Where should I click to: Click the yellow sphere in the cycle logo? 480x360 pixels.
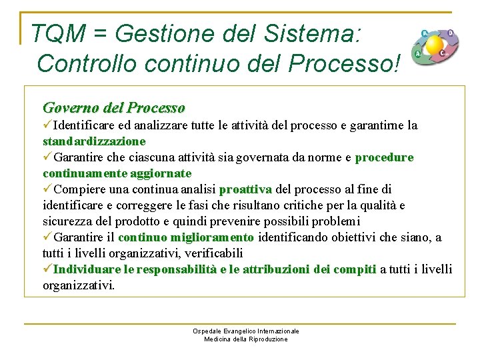click(435, 45)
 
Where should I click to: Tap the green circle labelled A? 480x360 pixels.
click(418, 54)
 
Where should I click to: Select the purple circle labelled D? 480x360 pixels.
click(451, 33)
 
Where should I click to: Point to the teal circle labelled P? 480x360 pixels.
click(425, 33)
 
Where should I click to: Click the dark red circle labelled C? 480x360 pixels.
click(443, 53)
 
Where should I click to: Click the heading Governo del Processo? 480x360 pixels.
click(114, 107)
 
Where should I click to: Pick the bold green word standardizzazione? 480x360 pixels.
click(94, 141)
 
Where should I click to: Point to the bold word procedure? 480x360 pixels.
click(384, 157)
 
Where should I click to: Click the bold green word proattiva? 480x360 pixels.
click(245, 189)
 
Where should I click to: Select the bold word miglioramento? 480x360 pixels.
click(212, 237)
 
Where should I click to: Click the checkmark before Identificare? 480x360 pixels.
click(47, 125)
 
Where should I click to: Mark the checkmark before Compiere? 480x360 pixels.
click(47, 189)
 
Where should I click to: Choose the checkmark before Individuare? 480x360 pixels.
click(47, 269)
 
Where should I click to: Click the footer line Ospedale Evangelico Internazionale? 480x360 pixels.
click(246, 331)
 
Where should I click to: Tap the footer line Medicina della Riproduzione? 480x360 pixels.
click(246, 339)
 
